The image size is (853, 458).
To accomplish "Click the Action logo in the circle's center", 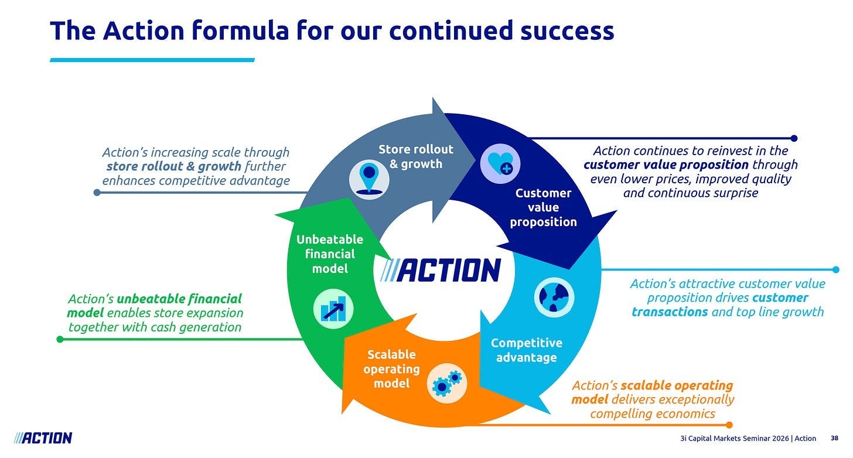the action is [440, 271].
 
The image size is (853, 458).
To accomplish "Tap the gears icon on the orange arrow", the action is [447, 382].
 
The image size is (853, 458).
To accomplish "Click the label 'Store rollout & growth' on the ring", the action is [416, 157].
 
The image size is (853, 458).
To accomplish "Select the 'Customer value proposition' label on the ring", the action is [543, 207].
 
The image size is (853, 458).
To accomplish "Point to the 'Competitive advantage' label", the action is [526, 350].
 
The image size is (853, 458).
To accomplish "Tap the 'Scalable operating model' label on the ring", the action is [391, 368].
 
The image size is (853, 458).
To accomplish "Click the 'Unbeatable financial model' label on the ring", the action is [330, 254].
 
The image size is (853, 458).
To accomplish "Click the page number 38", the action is [834, 438].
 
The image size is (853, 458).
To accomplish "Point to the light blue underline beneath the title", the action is [152, 60].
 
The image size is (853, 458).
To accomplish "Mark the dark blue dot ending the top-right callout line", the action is [794, 138].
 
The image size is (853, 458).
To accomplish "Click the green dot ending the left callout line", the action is [59, 339].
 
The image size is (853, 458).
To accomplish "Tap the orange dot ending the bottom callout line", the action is [729, 425].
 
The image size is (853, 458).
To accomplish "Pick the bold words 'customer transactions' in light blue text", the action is [721, 305].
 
